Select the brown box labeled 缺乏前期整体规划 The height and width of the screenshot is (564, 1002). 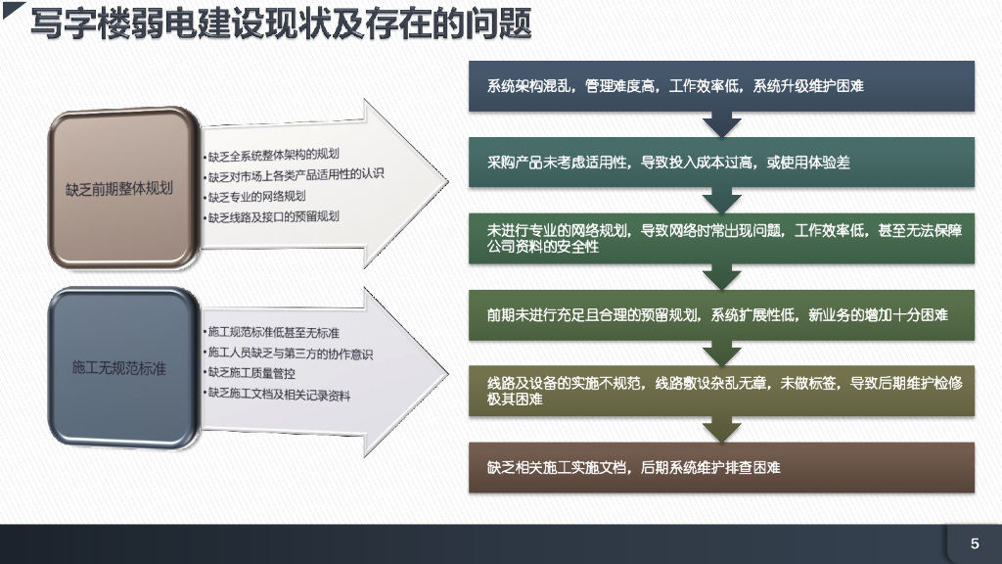point(119,187)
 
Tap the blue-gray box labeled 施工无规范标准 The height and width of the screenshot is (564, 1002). point(119,368)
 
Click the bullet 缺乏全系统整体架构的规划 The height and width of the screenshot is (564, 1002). point(273,155)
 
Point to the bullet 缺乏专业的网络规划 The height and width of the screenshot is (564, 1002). point(256,196)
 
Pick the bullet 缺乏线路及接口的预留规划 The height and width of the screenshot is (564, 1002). point(273,216)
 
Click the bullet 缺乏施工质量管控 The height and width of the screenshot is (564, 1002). point(251,374)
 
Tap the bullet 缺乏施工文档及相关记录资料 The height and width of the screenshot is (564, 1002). point(278,395)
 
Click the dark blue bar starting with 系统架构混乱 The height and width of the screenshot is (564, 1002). point(721,86)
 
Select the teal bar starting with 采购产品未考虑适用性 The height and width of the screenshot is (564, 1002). point(721,163)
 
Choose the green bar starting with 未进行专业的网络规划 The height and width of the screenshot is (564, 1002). point(721,239)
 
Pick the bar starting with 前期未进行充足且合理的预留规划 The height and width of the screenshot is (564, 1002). point(721,315)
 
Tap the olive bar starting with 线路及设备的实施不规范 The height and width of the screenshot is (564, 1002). point(721,392)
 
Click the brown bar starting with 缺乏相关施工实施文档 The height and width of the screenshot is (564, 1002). point(721,468)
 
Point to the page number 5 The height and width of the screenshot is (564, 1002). point(975,543)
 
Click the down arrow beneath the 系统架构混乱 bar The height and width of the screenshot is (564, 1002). point(722,124)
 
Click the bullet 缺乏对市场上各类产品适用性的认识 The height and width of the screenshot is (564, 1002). point(296,175)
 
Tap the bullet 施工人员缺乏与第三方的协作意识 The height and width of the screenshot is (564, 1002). point(290,353)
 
